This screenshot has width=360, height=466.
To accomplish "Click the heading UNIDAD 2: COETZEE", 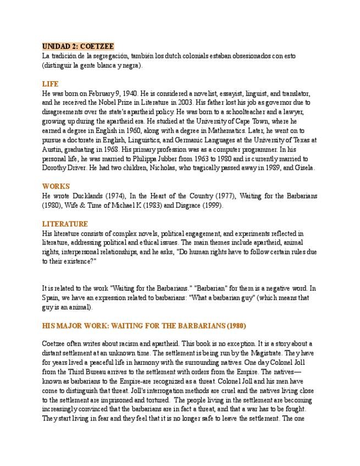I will [x=78, y=47].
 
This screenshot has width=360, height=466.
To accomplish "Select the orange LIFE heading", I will [x=51, y=84].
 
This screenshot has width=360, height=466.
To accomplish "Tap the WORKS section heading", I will [x=56, y=186].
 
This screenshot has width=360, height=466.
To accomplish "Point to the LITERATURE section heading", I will [x=65, y=224].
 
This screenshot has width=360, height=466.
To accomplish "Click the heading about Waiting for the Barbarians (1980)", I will [x=143, y=325].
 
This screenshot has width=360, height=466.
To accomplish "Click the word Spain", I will [x=53, y=297].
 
